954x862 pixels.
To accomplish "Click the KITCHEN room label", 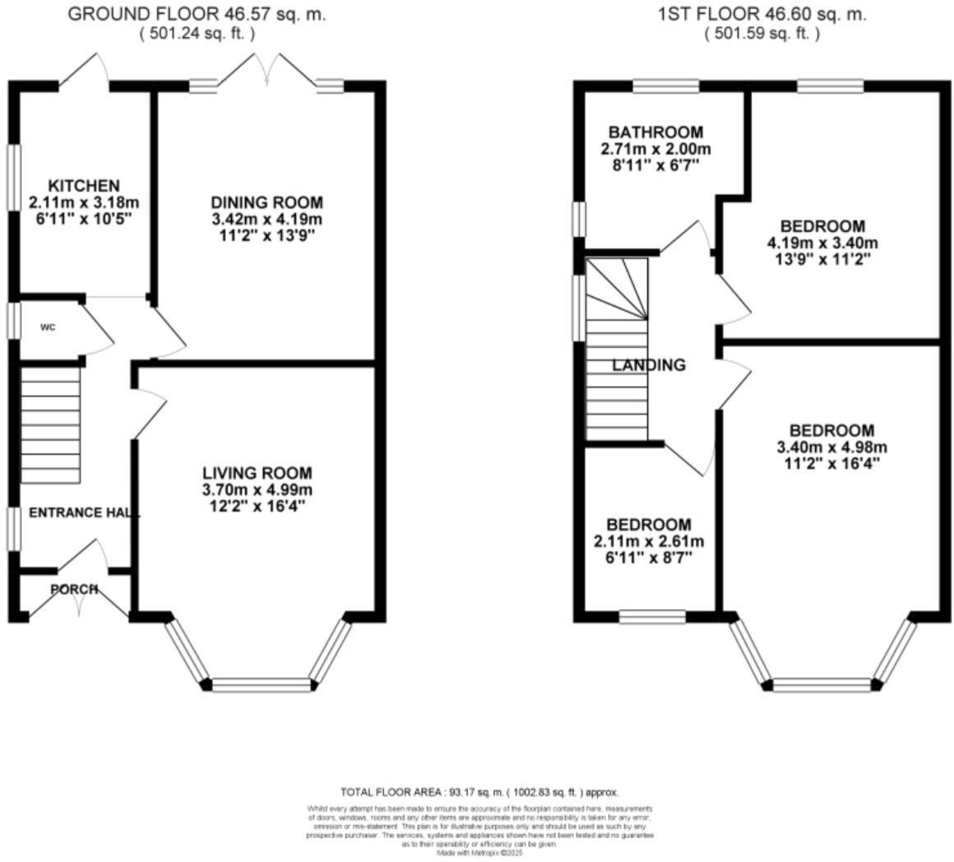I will (83, 186).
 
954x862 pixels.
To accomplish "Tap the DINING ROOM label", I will (266, 202).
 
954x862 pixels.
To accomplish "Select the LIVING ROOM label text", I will (257, 473).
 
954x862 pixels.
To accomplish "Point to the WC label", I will (48, 327).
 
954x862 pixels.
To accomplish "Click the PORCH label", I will (74, 589).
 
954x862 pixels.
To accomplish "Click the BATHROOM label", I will (655, 132).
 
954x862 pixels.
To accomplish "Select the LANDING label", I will (648, 365).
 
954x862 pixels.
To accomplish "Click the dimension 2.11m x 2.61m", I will (649, 541).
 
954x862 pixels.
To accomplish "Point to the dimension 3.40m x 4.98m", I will (831, 447).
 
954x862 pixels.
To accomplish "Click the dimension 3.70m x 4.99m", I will (257, 489).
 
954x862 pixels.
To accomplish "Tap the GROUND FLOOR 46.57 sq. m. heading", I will (197, 14).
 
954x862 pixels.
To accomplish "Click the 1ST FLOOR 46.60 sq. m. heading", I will (762, 14).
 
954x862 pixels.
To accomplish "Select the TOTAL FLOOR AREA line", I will (479, 792).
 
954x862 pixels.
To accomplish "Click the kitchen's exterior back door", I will (84, 72).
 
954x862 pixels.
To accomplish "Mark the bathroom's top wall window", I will (665, 86).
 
